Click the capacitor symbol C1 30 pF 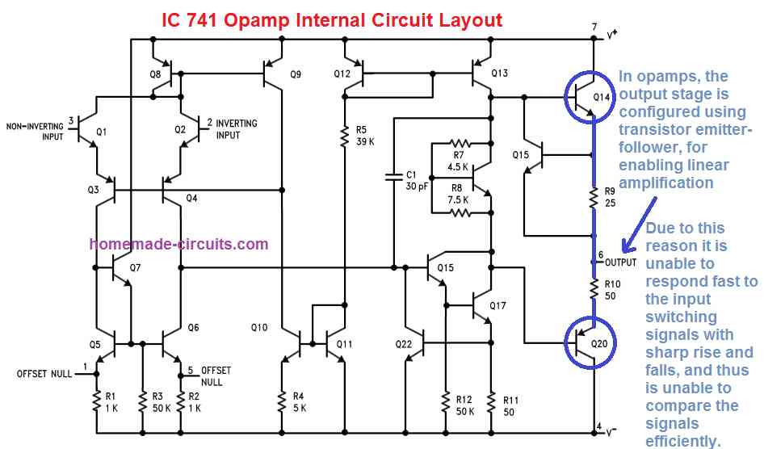pyautogui.click(x=393, y=178)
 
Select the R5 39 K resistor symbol pyautogui.click(x=345, y=136)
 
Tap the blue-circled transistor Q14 pyautogui.click(x=589, y=96)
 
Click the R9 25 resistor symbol pyautogui.click(x=594, y=198)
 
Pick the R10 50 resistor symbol pyautogui.click(x=594, y=289)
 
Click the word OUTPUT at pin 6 pyautogui.click(x=621, y=262)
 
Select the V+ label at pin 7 pyautogui.click(x=612, y=34)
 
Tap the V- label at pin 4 pyautogui.click(x=611, y=432)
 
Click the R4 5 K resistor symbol pyautogui.click(x=282, y=402)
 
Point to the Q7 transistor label pyautogui.click(x=135, y=267)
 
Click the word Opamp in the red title pyautogui.click(x=257, y=21)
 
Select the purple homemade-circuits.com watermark pyautogui.click(x=178, y=244)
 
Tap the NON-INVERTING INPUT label pyautogui.click(x=35, y=132)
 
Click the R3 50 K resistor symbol pyautogui.click(x=143, y=402)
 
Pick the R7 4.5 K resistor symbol pyautogui.click(x=460, y=144)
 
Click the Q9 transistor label pyautogui.click(x=296, y=74)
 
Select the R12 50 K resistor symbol pyautogui.click(x=445, y=402)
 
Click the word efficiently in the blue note pyautogui.click(x=682, y=441)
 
